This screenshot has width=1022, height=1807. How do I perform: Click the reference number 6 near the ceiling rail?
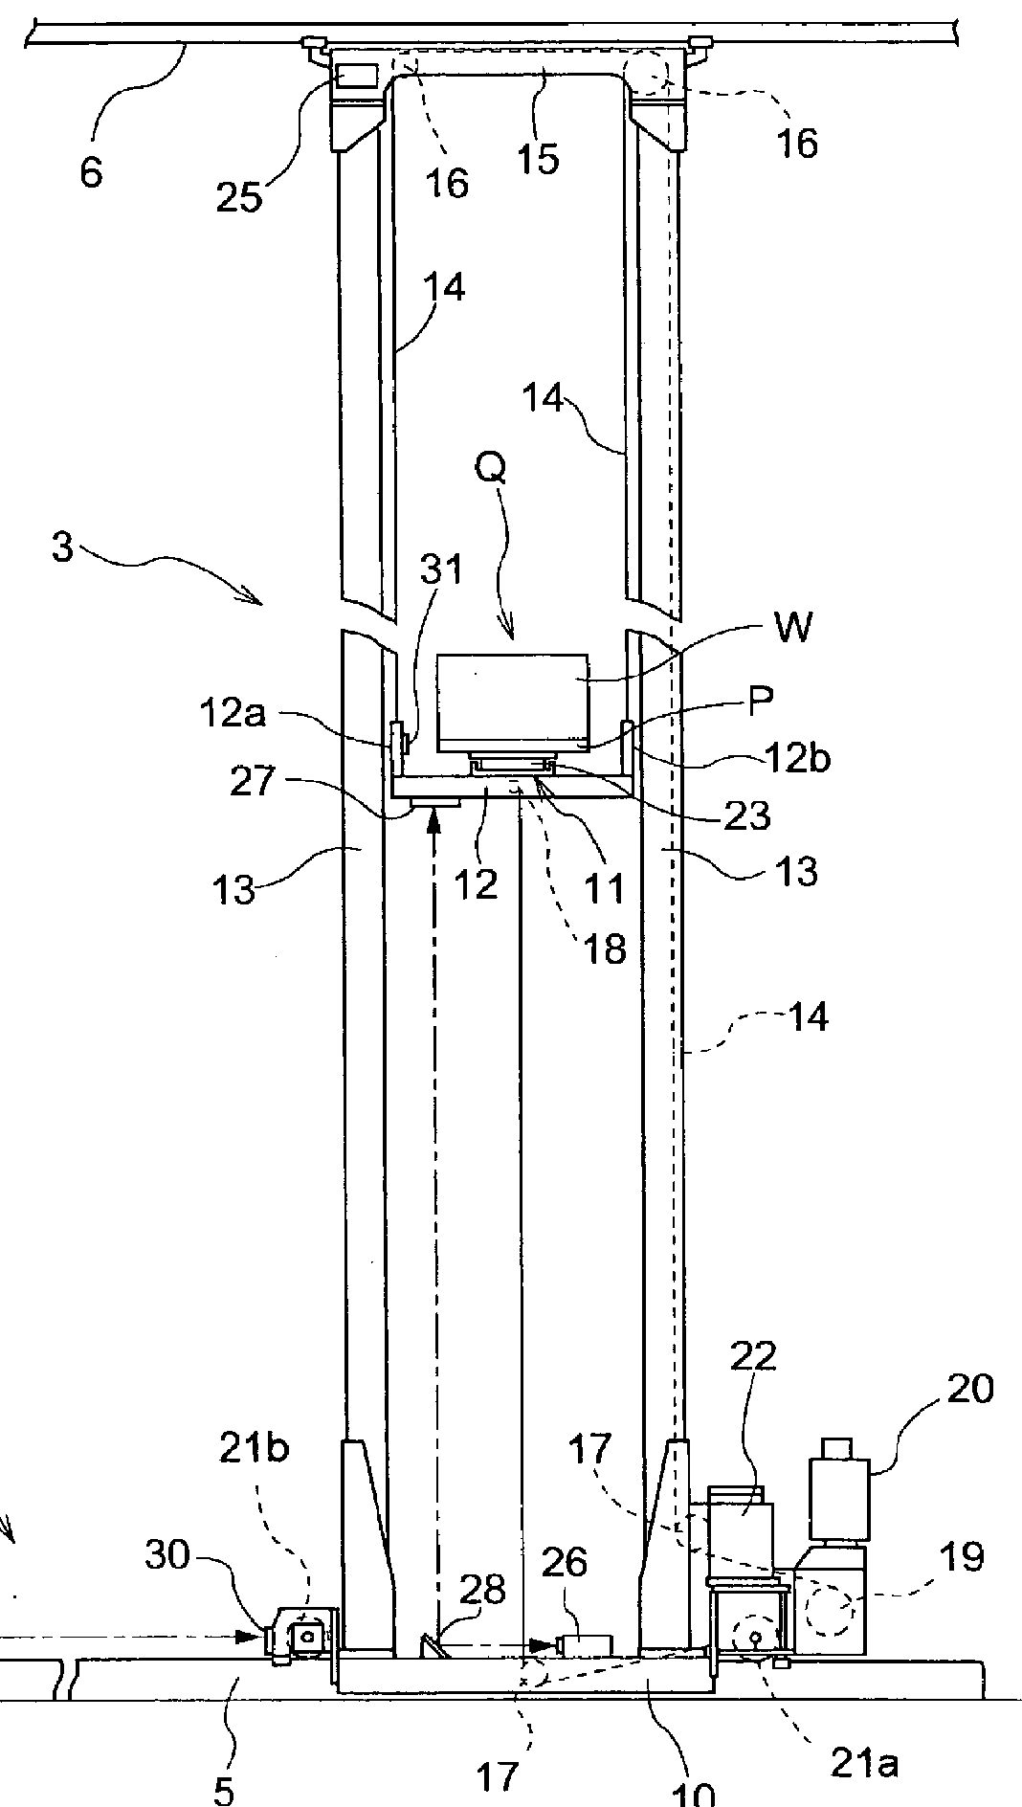point(91,173)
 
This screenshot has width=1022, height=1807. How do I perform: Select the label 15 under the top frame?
point(538,157)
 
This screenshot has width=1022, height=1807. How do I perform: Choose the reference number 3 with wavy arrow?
point(62,550)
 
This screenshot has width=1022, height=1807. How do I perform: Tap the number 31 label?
point(440,569)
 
